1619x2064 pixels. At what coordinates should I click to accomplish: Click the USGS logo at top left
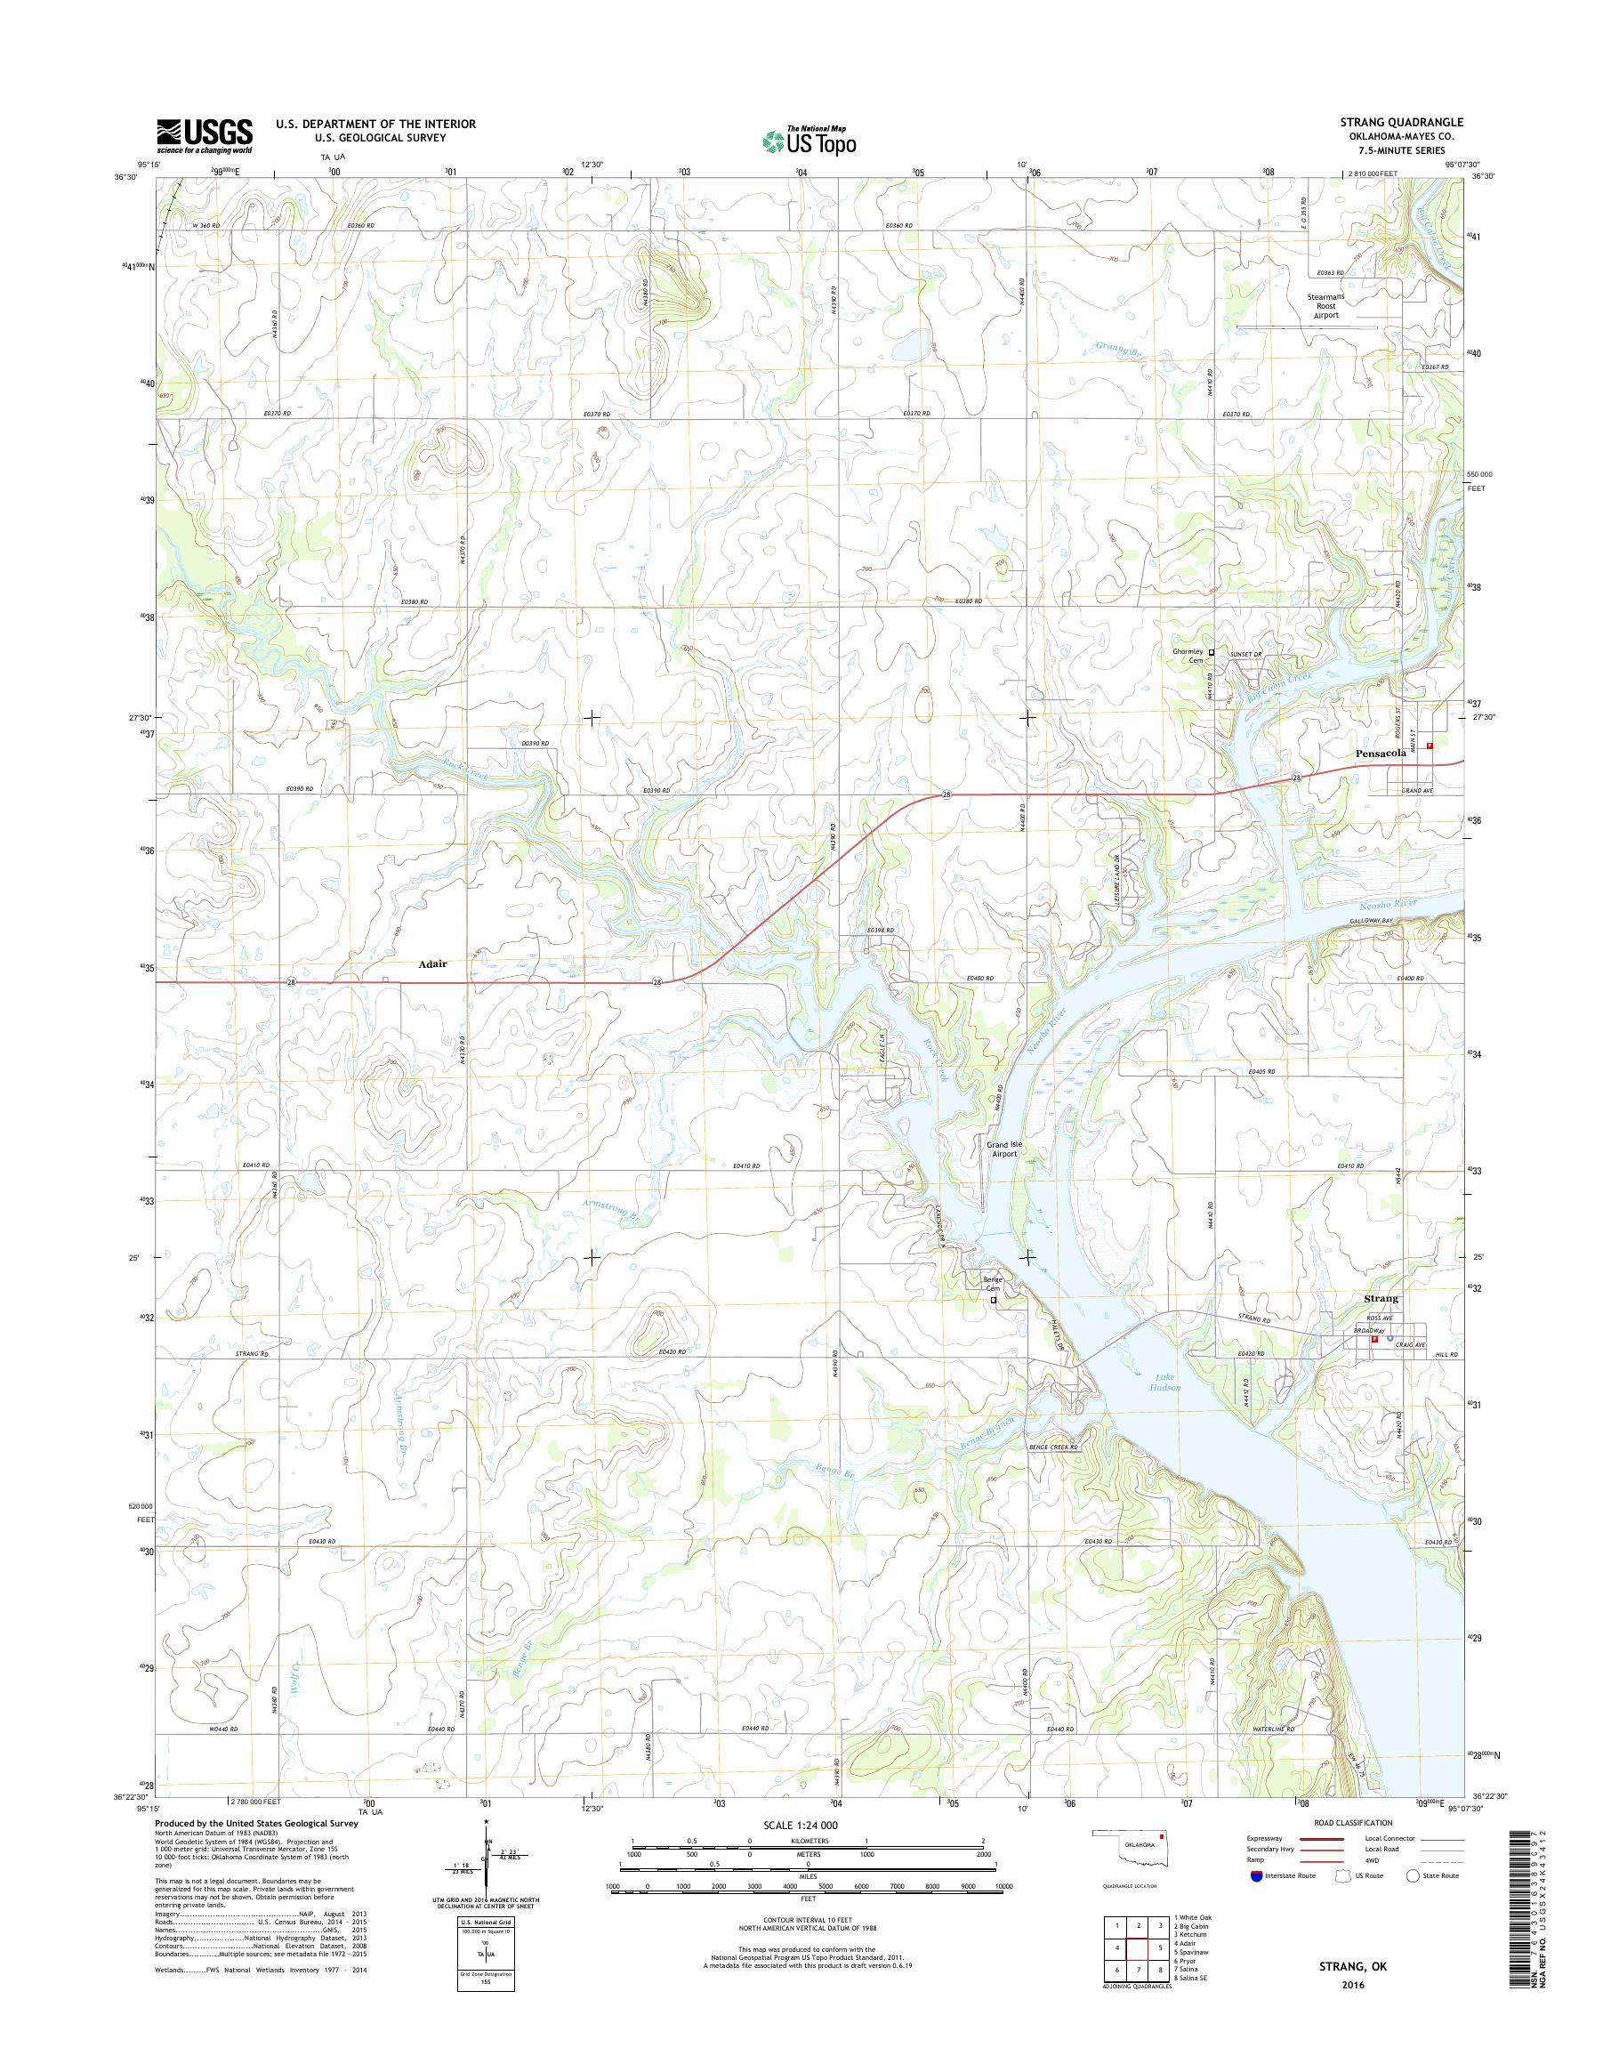point(205,135)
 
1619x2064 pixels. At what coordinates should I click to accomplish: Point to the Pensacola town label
point(1380,752)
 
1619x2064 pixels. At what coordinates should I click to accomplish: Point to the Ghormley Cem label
point(1188,655)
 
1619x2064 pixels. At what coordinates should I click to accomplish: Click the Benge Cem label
point(993,1284)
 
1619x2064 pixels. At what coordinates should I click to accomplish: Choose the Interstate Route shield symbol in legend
point(1256,1875)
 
